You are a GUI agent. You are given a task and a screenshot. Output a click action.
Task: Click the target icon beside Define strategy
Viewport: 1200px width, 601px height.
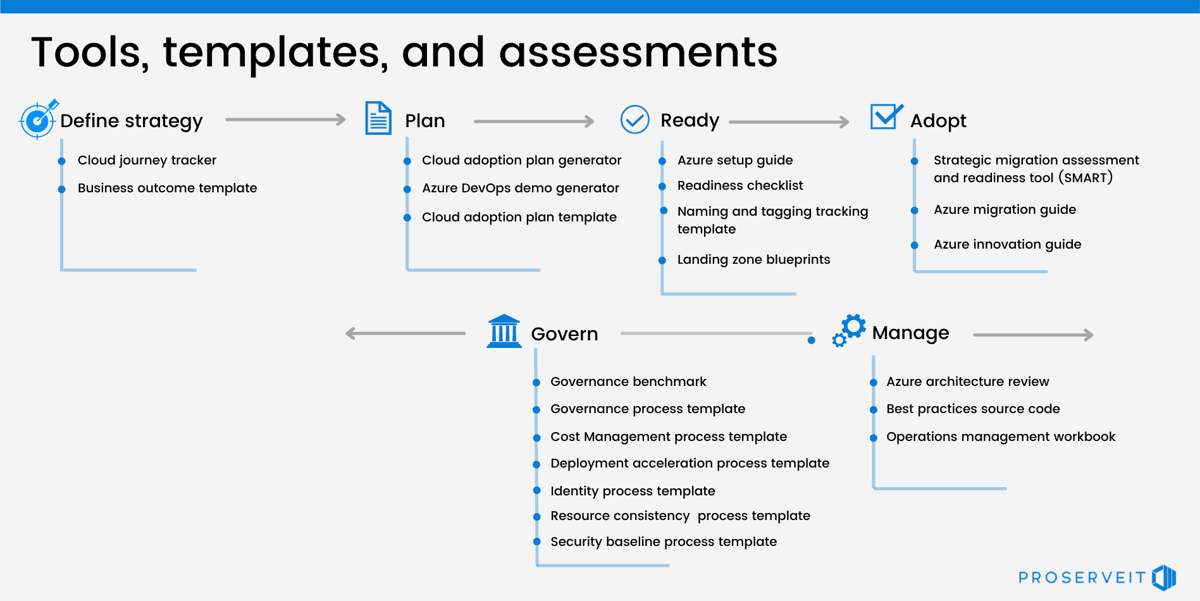pyautogui.click(x=38, y=119)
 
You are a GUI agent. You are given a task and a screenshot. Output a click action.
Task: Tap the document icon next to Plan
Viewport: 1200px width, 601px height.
pyautogui.click(x=378, y=118)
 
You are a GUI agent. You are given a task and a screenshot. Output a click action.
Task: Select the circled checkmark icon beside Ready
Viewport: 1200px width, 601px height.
pyautogui.click(x=634, y=120)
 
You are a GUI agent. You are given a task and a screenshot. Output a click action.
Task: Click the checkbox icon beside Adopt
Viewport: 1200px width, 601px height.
pyautogui.click(x=886, y=117)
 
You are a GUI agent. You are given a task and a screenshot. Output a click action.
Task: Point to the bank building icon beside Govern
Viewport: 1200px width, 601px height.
pyautogui.click(x=504, y=331)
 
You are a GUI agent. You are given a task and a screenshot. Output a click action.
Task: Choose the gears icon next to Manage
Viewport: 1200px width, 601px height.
pyautogui.click(x=849, y=330)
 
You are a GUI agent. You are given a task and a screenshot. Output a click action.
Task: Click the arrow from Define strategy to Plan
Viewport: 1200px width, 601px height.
pyautogui.click(x=285, y=120)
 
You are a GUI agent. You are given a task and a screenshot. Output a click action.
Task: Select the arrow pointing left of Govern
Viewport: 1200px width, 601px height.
pyautogui.click(x=405, y=333)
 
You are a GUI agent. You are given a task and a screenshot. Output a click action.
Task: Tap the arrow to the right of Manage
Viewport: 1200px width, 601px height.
pyautogui.click(x=1033, y=335)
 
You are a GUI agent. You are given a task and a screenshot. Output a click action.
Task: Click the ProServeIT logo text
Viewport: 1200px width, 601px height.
pyautogui.click(x=1082, y=578)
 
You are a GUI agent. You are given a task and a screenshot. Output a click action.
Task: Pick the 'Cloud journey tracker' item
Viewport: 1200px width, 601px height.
pyautogui.click(x=147, y=161)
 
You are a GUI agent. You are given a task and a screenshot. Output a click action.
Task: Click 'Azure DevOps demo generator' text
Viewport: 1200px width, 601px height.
pyautogui.click(x=520, y=189)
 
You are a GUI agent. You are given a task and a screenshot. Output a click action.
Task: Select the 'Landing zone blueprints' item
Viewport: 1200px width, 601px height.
pyautogui.click(x=753, y=259)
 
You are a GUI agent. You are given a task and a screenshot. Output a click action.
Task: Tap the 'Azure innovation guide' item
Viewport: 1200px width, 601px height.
pyautogui.click(x=1007, y=244)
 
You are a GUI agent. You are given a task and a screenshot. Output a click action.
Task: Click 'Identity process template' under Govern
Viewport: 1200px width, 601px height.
pyautogui.click(x=633, y=491)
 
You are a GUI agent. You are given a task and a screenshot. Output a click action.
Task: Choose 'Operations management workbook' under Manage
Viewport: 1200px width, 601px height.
pyautogui.click(x=1000, y=437)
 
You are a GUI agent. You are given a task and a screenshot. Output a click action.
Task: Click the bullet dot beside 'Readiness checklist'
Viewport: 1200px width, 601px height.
pyautogui.click(x=662, y=187)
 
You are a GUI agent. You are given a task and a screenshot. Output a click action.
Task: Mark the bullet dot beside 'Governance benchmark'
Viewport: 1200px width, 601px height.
pyautogui.click(x=536, y=383)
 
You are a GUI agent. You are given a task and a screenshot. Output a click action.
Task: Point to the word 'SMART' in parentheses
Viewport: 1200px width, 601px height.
pyautogui.click(x=1086, y=178)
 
